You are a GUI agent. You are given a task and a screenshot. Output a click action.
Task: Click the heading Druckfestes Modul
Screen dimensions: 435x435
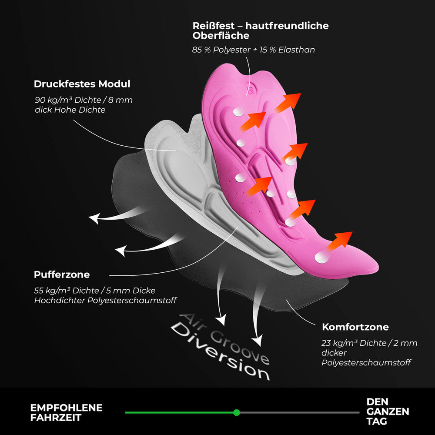82,84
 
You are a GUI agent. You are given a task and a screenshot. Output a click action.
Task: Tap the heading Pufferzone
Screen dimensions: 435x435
62,274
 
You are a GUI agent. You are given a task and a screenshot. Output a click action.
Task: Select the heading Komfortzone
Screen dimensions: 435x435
355,327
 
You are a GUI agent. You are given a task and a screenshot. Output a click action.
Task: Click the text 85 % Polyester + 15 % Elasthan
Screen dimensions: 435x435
254,50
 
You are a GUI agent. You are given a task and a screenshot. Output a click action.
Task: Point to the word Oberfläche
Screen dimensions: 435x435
221,36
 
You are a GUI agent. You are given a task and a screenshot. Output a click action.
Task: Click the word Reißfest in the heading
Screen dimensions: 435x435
214,26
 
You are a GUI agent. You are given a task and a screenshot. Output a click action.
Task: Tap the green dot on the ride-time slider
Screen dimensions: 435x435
237,412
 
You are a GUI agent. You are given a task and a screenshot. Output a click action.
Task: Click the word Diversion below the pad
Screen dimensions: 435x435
221,353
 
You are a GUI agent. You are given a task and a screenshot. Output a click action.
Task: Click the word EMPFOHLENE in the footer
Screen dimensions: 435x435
66,408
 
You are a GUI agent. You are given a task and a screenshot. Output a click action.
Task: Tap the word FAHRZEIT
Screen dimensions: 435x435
56,418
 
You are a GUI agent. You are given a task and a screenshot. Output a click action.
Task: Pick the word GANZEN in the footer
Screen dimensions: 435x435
388,412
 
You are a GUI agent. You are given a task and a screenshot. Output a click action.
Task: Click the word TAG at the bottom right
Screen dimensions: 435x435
377,422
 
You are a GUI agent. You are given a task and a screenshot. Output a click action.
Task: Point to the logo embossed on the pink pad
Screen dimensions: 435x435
250,89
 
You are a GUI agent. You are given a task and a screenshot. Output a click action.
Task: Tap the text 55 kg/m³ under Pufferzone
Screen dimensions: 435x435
52,291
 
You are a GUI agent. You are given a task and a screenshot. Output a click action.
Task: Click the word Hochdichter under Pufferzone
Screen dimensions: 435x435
60,301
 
